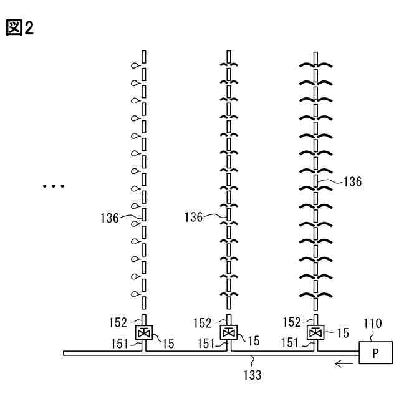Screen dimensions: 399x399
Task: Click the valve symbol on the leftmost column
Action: coord(143,332)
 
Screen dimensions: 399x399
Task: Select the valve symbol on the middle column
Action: coord(229,332)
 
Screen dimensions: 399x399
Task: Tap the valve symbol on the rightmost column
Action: coord(315,332)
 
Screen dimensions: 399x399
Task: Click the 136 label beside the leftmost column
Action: coord(110,218)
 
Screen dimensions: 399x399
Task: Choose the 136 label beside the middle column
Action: coord(195,218)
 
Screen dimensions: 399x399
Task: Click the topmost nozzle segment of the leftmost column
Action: coord(143,57)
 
